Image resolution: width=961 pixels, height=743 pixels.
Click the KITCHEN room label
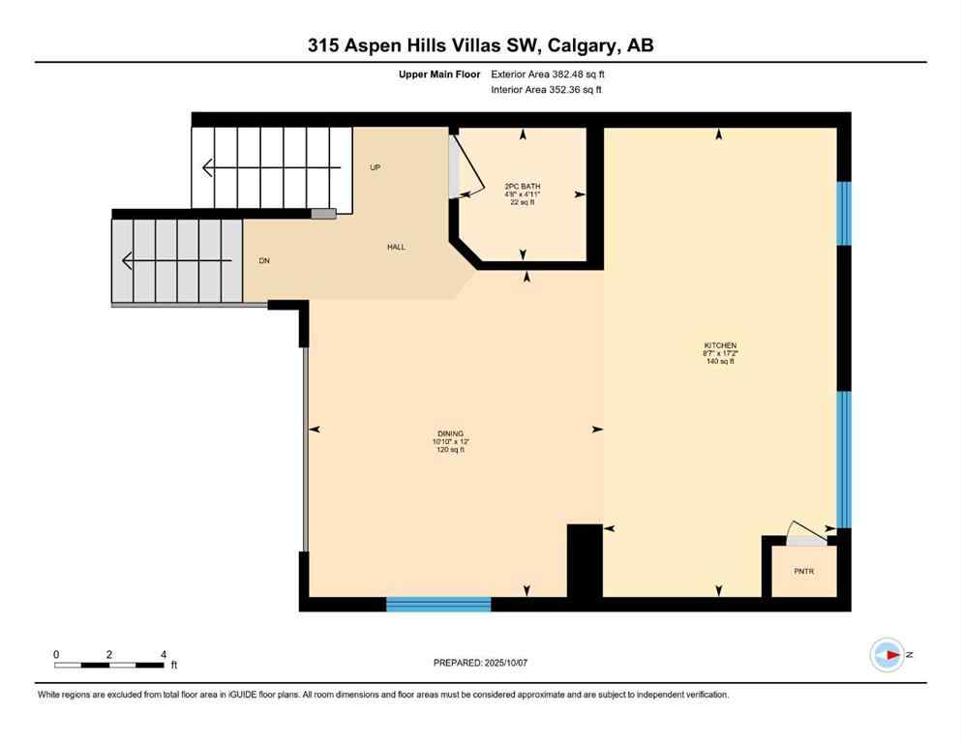point(720,345)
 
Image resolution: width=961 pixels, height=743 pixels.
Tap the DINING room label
point(449,433)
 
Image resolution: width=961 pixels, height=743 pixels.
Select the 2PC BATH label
point(522,186)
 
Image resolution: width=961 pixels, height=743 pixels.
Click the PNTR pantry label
point(803,572)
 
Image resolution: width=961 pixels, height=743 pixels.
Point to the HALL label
point(396,247)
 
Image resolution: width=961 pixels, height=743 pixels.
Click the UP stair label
point(375,167)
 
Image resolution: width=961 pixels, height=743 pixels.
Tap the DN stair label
point(263,261)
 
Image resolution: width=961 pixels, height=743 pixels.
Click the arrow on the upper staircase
point(271,168)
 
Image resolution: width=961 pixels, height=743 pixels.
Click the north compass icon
point(886,655)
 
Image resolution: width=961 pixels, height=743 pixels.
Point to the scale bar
point(108,665)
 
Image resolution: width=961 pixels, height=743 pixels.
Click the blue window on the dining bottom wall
point(438,605)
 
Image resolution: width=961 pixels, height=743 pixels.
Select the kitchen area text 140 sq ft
point(720,361)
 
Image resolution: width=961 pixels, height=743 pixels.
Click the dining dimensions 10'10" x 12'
point(449,442)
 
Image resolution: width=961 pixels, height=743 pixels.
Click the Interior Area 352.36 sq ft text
point(547,90)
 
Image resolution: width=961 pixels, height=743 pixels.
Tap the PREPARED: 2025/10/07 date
point(480,663)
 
